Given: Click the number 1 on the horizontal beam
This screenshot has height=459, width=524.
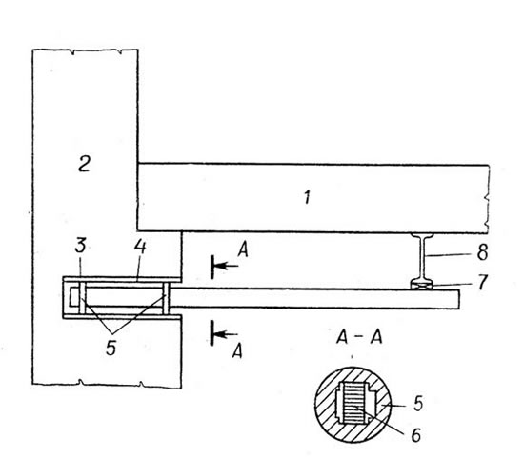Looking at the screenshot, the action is tap(308, 197).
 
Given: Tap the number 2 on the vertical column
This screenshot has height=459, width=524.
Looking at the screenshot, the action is tap(84, 164).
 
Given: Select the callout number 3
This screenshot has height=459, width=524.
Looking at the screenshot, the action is tap(81, 245).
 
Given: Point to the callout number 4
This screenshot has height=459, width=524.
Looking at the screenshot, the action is tap(140, 247).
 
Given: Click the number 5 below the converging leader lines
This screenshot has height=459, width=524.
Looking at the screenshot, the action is tap(111, 348).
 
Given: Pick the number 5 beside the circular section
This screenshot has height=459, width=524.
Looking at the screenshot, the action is tap(418, 403).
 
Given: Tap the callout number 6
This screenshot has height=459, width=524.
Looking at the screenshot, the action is tap(415, 435).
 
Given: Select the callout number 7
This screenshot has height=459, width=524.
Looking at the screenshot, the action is tap(483, 282).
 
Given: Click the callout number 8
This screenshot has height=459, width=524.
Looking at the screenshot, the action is tap(483, 252).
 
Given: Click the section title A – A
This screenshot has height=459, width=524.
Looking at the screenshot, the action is tap(359, 337).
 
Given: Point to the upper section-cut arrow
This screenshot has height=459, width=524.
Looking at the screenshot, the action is tap(225, 267).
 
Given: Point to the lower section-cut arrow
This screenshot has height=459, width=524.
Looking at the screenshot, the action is tap(224, 333).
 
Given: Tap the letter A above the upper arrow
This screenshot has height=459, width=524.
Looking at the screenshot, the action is tap(243, 249).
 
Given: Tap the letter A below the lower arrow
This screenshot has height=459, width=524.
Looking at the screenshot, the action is tap(237, 351).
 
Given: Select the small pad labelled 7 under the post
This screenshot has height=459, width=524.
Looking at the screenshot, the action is tap(422, 286).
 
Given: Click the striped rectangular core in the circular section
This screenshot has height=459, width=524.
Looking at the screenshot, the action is tap(355, 403).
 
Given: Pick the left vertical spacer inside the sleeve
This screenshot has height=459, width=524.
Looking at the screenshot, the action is tap(82, 297).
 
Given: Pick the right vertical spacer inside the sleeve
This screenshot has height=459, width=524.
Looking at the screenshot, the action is tap(166, 298).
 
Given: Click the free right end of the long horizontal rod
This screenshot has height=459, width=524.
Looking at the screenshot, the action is tap(459, 299).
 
